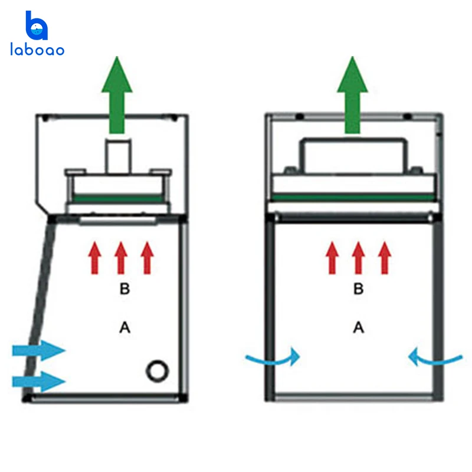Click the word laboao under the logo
[x=37, y=50]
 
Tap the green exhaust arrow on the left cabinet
[x=117, y=94]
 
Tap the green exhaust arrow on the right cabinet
[x=352, y=94]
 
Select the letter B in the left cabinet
[x=124, y=289]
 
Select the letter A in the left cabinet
[x=124, y=327]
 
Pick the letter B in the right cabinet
[x=359, y=289]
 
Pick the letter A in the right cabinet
[x=359, y=327]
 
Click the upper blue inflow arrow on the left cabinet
[x=38, y=350]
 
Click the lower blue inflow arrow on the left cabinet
[x=38, y=381]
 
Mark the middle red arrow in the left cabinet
[x=121, y=258]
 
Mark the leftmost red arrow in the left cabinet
[x=94, y=258]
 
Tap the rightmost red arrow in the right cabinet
[x=385, y=258]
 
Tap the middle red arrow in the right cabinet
[x=358, y=258]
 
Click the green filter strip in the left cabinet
[x=117, y=199]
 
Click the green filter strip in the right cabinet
[x=353, y=198]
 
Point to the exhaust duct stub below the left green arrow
[x=119, y=156]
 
